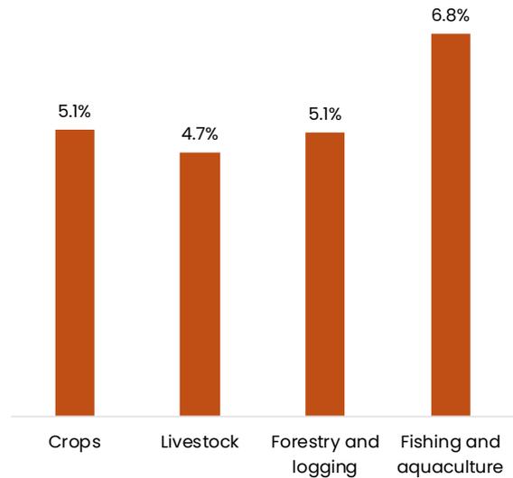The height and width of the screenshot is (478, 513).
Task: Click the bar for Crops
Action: [x=75, y=272]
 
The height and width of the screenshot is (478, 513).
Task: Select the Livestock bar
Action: [x=200, y=284]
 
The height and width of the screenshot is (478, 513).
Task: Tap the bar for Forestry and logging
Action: [x=325, y=274]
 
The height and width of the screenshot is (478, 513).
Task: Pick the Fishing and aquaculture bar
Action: [x=451, y=225]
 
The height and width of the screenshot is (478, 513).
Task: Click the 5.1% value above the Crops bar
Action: [x=74, y=112]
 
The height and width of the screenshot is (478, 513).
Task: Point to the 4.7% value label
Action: [x=200, y=134]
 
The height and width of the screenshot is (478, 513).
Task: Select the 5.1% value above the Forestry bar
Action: [x=325, y=115]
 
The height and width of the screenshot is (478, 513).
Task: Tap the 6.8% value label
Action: [x=451, y=15]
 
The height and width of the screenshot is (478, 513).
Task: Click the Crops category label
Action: [x=75, y=443]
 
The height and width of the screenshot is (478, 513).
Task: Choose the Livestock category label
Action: [x=200, y=442]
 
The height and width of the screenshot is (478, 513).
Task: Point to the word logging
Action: [x=324, y=467]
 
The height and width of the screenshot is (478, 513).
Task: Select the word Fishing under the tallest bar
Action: [x=431, y=443]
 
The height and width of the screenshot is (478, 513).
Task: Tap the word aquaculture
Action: [x=450, y=467]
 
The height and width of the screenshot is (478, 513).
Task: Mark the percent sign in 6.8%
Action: [x=462, y=15]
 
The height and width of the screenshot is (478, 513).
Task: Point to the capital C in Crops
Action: [x=55, y=442]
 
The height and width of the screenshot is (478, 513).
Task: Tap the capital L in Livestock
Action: [x=165, y=442]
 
